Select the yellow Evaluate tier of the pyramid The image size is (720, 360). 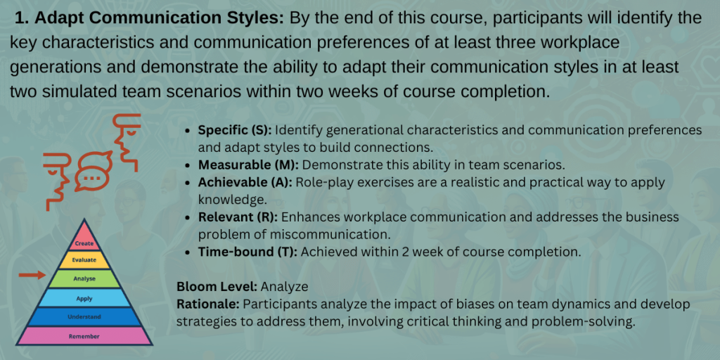[x=84, y=260]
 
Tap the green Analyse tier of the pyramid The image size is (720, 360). [x=84, y=278]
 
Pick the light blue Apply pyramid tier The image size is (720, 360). [x=84, y=298]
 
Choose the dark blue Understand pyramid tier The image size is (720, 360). [x=84, y=317]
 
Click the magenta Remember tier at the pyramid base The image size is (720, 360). [x=84, y=336]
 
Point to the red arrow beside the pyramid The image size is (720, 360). [x=32, y=275]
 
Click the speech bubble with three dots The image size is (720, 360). [x=94, y=171]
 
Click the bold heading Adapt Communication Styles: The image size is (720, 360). [x=150, y=19]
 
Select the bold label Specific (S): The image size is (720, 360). [x=235, y=130]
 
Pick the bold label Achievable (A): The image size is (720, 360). [x=245, y=182]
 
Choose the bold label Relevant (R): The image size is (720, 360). [x=238, y=217]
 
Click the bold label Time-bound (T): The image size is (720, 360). [x=248, y=252]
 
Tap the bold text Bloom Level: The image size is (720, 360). [x=217, y=287]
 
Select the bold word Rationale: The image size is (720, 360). [x=208, y=304]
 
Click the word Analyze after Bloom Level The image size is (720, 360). [x=284, y=287]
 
